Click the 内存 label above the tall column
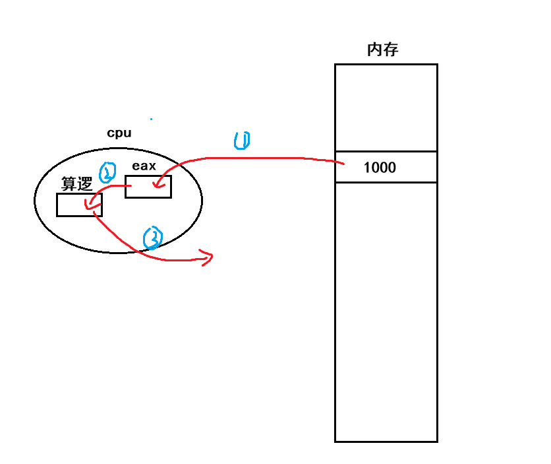coord(382,50)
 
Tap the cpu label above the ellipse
coord(119,133)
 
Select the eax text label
coord(144,166)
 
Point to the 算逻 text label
coord(76,183)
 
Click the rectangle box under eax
coord(148,187)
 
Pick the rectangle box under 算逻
coord(79,205)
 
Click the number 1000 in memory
coord(380,168)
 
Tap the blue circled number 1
coord(242,140)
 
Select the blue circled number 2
coord(107,173)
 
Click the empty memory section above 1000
coord(386,108)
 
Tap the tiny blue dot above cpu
coord(151,119)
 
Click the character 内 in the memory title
coord(374,50)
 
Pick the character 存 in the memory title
coord(390,50)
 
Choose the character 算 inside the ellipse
coord(69,183)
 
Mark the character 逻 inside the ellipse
coord(84,183)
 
